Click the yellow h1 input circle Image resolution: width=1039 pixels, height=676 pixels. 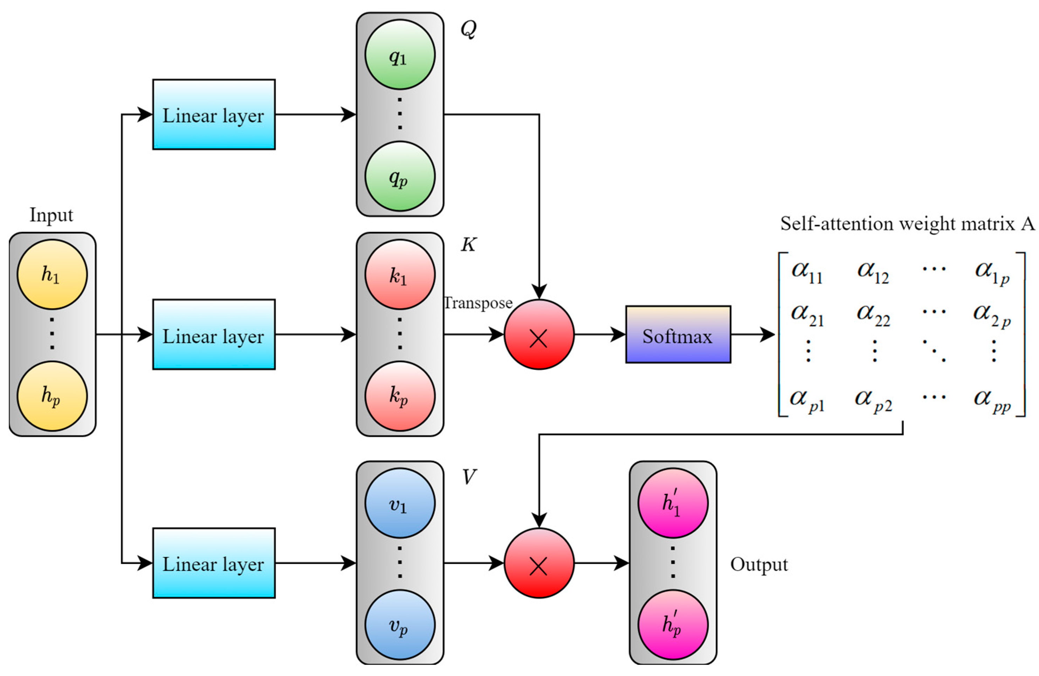coord(52,275)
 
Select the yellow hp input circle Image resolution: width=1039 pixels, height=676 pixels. coord(52,396)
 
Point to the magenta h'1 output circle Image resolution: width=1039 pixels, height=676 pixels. coord(672,503)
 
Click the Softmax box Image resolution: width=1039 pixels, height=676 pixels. coord(677,334)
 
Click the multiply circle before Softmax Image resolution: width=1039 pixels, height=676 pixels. coord(539,334)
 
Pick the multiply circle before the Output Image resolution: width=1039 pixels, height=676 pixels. coord(539,563)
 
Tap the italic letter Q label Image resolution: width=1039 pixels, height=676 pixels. coord(468,30)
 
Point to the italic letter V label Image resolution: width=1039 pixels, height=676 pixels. coord(468,477)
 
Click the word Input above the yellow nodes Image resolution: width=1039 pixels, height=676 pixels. coord(51,215)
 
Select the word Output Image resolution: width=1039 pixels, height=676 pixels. coord(759,564)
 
